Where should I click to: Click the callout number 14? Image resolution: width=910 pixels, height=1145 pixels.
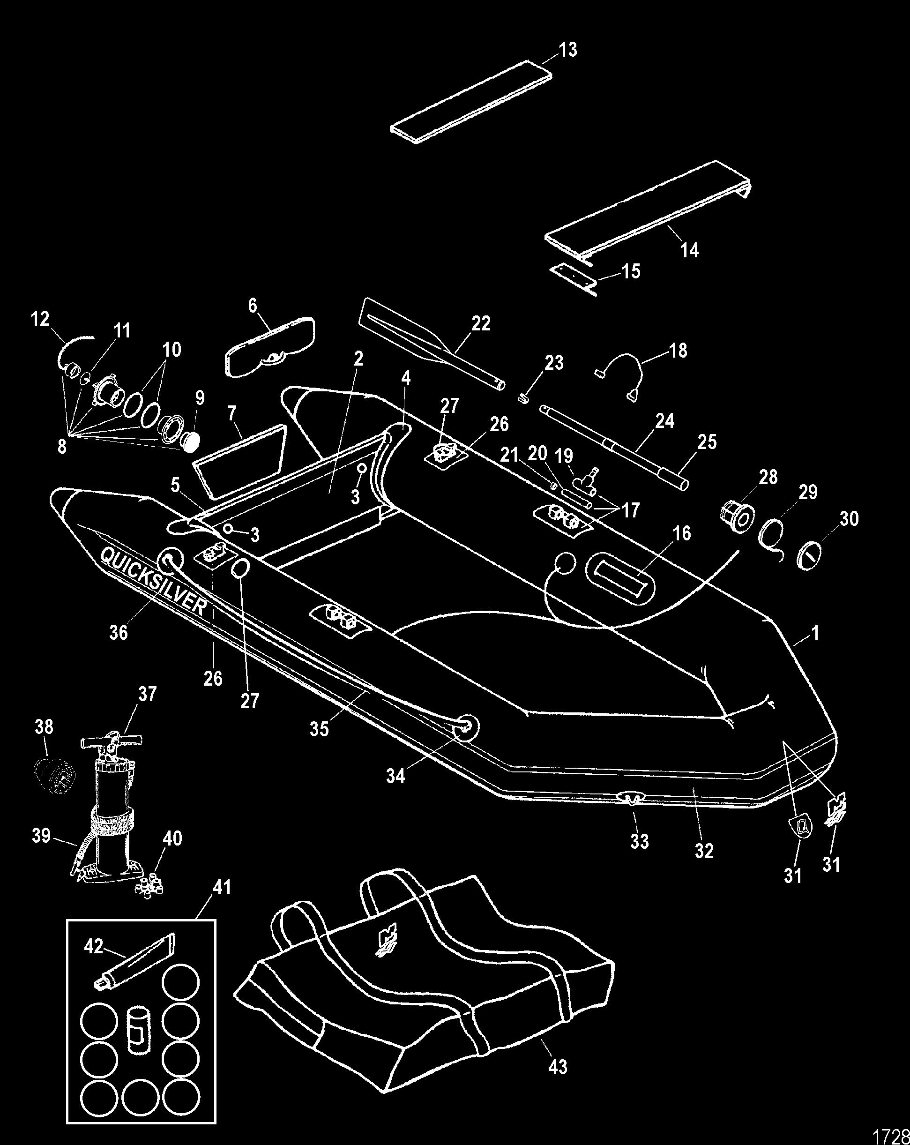pos(689,250)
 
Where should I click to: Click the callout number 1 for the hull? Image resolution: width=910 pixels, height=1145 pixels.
pos(815,633)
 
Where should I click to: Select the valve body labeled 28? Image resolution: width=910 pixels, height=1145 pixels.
pos(736,514)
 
